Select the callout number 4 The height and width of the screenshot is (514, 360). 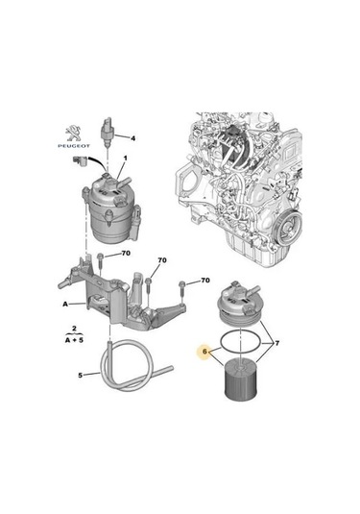point(133,137)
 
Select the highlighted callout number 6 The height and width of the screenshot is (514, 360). point(204,354)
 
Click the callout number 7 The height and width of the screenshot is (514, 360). point(277,344)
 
